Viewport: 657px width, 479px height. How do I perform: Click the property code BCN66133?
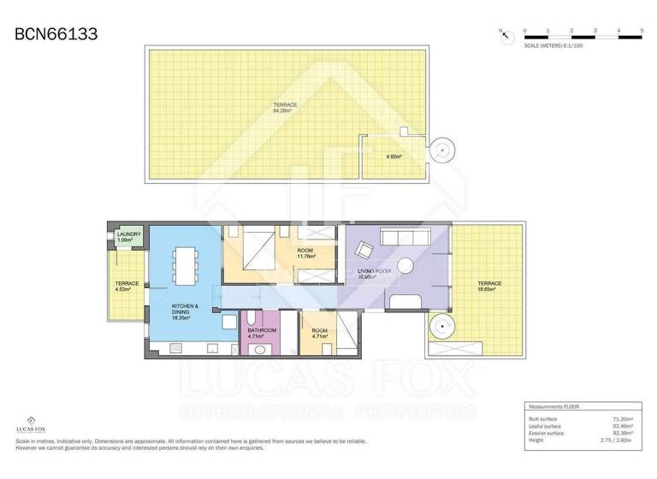[56, 34]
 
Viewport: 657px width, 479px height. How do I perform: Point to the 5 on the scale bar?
[641, 31]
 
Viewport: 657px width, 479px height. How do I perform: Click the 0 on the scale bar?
[524, 31]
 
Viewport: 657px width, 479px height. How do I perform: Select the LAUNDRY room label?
[129, 237]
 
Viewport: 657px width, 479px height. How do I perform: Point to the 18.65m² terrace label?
[489, 287]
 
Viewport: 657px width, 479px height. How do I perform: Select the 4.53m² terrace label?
[127, 287]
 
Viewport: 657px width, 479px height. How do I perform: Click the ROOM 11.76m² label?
[305, 253]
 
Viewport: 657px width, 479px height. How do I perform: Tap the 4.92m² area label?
[394, 157]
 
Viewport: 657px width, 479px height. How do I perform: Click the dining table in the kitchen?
[185, 264]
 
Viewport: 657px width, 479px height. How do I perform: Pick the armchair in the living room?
[364, 250]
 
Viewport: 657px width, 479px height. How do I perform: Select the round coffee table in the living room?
[404, 265]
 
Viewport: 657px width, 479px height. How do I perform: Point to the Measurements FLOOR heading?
[556, 407]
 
